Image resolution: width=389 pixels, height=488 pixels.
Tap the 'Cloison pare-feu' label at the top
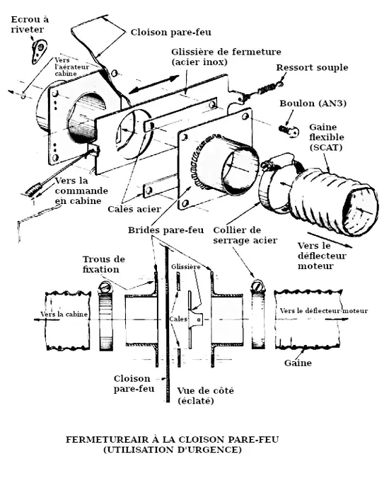click(x=170, y=32)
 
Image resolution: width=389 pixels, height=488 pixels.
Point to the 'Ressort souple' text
click(x=312, y=68)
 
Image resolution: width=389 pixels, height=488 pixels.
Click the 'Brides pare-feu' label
click(x=166, y=231)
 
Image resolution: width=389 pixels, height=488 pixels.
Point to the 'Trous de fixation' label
click(x=103, y=264)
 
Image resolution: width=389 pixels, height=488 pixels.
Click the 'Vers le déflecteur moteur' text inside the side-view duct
click(x=323, y=311)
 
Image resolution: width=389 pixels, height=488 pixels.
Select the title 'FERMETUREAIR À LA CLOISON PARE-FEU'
click(x=172, y=439)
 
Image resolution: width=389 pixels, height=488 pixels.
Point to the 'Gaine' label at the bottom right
click(x=298, y=363)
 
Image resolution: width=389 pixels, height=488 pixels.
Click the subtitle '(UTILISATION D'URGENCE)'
click(x=172, y=450)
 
